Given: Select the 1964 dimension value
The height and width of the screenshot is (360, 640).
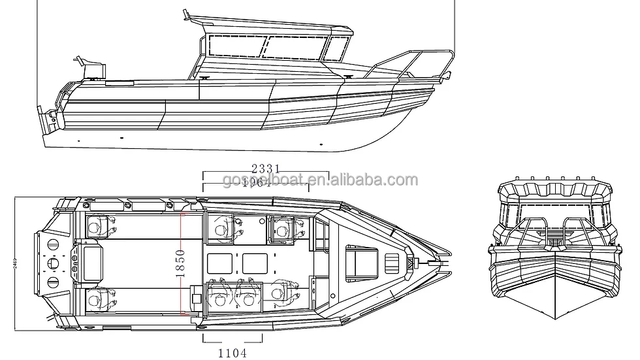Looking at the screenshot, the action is (x=255, y=184).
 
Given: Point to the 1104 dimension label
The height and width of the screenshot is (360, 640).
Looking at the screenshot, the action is (x=232, y=353).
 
